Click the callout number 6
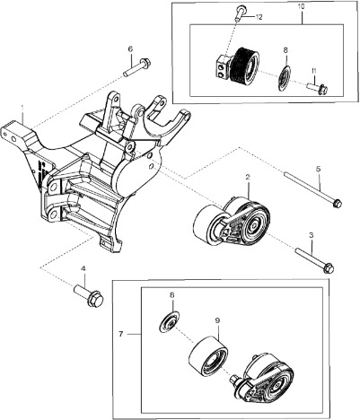coord(129,48)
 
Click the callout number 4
coord(83,268)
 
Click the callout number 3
coord(311,235)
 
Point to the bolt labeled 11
coord(317,88)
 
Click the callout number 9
coord(216,319)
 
